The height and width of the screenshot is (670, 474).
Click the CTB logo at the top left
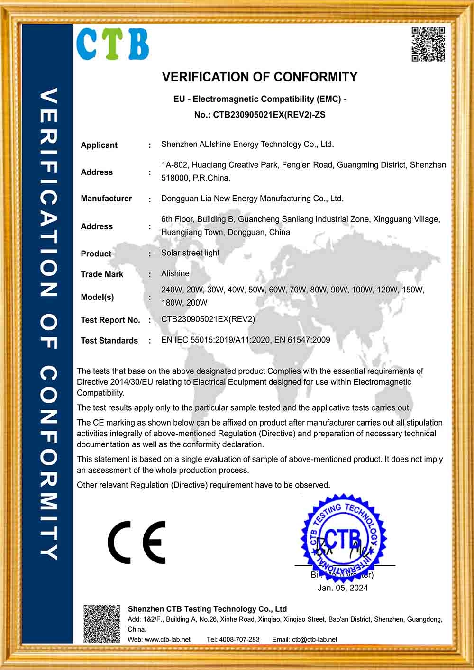coord(112,44)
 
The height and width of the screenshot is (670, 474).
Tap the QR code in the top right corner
coord(428,44)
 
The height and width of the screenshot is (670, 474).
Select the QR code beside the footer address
coord(102,624)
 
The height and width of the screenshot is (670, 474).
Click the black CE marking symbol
coord(137,542)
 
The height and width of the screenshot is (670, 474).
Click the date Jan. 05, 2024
coord(342,588)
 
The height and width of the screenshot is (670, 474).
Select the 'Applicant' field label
coord(99,145)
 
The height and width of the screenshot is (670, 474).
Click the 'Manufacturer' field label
coord(106,199)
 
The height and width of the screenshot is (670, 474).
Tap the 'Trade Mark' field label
coord(102,274)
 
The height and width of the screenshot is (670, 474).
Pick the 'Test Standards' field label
coord(109,341)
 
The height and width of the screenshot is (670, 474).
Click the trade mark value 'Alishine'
coord(175,273)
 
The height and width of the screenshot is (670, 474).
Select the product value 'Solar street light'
coord(190,253)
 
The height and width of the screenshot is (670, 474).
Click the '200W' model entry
coord(197,303)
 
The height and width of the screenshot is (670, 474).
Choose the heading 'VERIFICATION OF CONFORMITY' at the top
coord(260,77)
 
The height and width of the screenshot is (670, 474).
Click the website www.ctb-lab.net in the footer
coord(167,640)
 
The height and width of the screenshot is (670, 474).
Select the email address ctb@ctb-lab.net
coord(315,640)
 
